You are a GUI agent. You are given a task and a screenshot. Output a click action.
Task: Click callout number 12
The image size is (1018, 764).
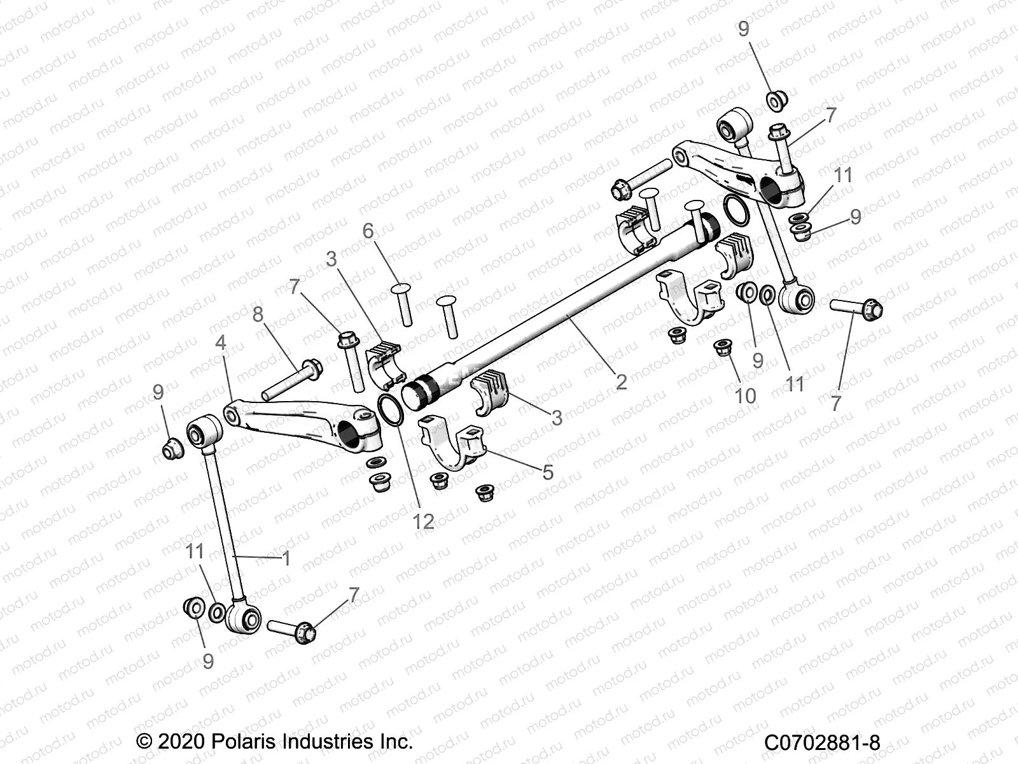[x=423, y=521]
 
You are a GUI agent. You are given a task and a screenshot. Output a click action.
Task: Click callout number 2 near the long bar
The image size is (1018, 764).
[x=622, y=381]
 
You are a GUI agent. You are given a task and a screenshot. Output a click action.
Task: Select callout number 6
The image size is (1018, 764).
[x=368, y=230]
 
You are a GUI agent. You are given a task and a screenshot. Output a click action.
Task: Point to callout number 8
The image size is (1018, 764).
[x=258, y=315]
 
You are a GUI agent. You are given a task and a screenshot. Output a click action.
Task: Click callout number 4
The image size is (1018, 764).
[x=221, y=343]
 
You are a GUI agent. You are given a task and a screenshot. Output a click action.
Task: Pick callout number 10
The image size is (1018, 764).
[x=745, y=395]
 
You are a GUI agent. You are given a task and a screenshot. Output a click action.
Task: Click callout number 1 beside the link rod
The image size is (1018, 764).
[x=286, y=558]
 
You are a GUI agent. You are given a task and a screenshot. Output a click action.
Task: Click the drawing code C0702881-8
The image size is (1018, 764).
[x=821, y=742]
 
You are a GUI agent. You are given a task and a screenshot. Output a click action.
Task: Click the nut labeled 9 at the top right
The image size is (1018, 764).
[x=776, y=100]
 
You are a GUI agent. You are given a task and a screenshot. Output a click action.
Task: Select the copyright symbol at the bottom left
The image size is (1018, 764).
[x=144, y=742]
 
